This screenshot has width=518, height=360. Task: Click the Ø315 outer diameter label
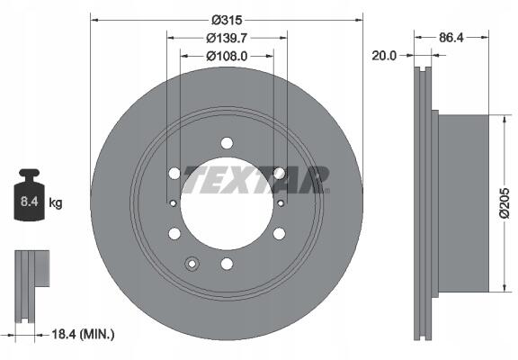click(227, 21)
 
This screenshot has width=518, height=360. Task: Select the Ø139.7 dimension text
click(227, 39)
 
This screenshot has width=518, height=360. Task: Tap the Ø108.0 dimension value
click(227, 56)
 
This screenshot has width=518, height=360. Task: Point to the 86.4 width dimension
click(451, 38)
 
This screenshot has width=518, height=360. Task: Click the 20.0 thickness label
click(384, 56)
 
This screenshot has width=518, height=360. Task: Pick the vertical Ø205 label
click(505, 203)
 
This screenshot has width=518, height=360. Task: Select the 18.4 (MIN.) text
click(83, 335)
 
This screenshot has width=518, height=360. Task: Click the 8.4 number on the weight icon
click(30, 202)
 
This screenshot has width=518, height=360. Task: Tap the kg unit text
click(56, 202)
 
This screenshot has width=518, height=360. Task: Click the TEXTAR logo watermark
click(256, 180)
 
